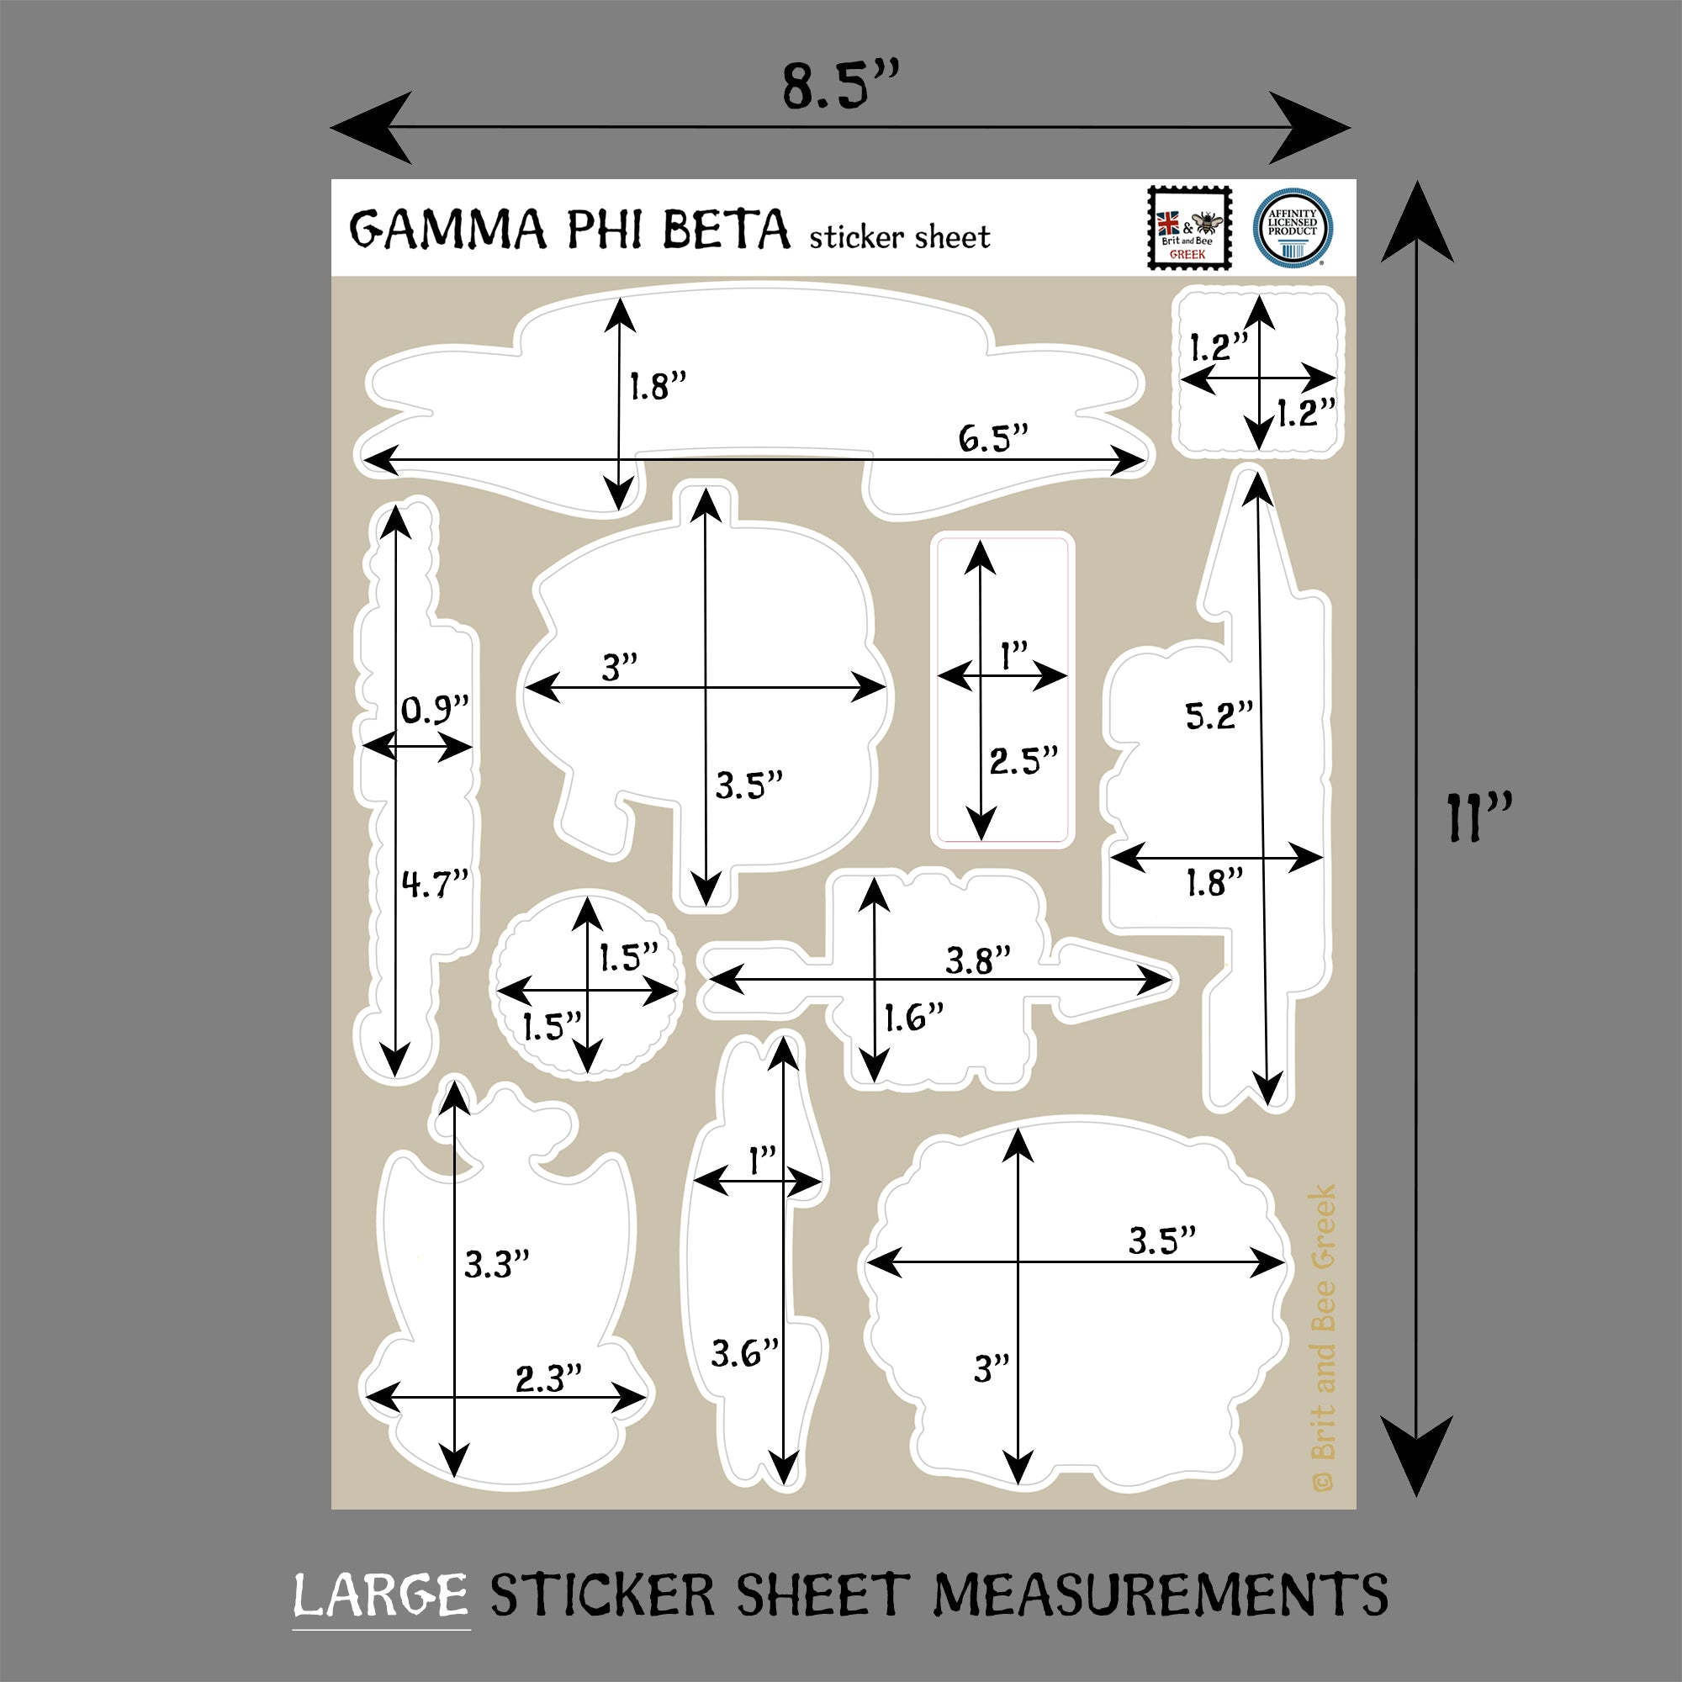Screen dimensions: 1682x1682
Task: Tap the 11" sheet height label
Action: point(1479,817)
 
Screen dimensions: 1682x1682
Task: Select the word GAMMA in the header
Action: point(448,229)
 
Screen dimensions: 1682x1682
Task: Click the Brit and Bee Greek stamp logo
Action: point(1189,227)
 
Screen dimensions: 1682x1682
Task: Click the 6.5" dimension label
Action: point(992,437)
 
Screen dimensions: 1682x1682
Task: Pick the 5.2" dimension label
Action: point(1219,716)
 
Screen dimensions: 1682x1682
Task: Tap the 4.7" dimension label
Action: point(436,884)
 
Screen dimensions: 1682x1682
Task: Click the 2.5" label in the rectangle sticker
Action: point(1023,760)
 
